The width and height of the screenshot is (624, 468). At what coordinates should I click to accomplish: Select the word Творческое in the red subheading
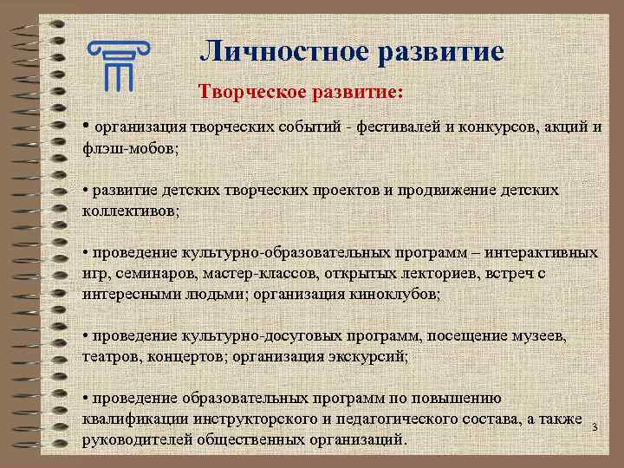249,91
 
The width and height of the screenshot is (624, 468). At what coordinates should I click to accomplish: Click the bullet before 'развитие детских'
86,190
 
